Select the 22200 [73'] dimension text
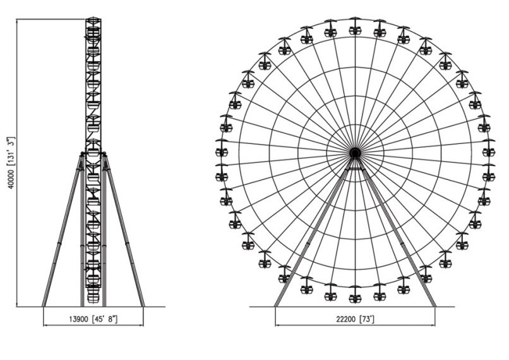355,320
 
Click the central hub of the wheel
355,152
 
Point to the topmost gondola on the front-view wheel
355,27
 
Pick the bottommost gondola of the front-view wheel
355,296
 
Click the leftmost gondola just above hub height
222,148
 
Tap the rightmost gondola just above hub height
489,148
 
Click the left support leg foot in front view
276,305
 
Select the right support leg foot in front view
434,305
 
